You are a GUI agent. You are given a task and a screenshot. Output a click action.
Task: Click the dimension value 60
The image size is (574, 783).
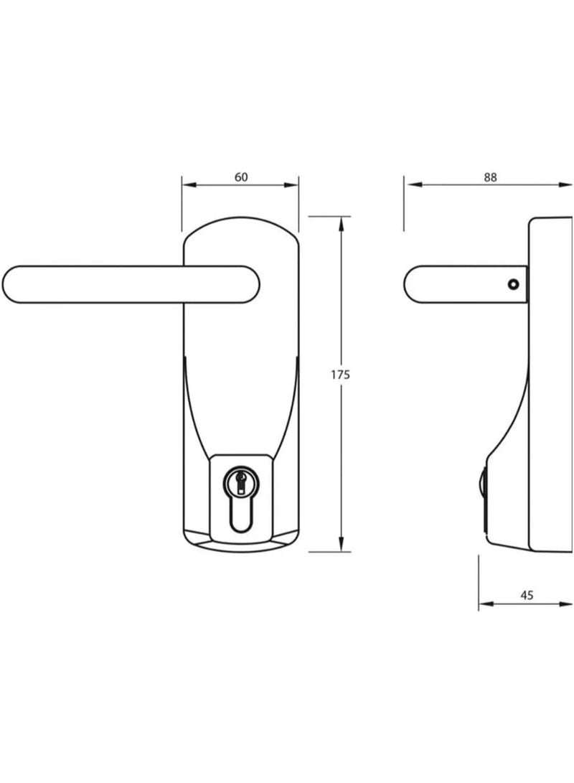tap(240, 177)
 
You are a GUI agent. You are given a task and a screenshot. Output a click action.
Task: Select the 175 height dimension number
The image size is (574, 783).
tap(339, 374)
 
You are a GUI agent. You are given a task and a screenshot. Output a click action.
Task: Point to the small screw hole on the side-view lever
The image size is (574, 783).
tap(512, 284)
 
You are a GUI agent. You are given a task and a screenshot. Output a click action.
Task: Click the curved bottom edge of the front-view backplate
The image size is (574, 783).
tap(240, 550)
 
